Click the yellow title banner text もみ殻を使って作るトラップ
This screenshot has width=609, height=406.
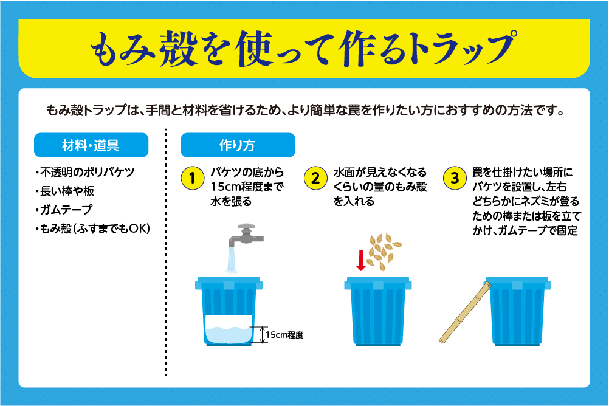click(x=304, y=48)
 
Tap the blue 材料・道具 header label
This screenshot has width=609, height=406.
click(x=91, y=145)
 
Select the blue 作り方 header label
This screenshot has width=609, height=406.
click(x=238, y=145)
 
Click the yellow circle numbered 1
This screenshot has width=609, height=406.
click(x=192, y=178)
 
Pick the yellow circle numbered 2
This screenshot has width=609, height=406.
click(x=315, y=178)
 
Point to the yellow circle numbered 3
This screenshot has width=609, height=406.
click(x=455, y=178)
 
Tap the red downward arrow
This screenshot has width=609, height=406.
click(x=361, y=260)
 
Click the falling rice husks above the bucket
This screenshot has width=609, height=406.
click(x=384, y=251)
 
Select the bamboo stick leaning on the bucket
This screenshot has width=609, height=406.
click(x=464, y=312)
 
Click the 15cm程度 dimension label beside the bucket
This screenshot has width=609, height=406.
click(x=284, y=335)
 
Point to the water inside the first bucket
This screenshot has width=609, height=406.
click(x=229, y=329)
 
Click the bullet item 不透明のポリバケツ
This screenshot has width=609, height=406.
click(x=84, y=172)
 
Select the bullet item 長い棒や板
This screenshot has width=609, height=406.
click(x=64, y=191)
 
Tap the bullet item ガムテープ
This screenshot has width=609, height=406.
click(x=64, y=210)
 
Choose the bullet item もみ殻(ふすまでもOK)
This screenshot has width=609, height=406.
click(x=92, y=229)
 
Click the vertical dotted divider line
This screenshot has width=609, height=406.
click(x=166, y=252)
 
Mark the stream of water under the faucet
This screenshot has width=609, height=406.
click(x=232, y=260)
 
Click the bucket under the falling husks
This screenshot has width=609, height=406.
click(x=377, y=311)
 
